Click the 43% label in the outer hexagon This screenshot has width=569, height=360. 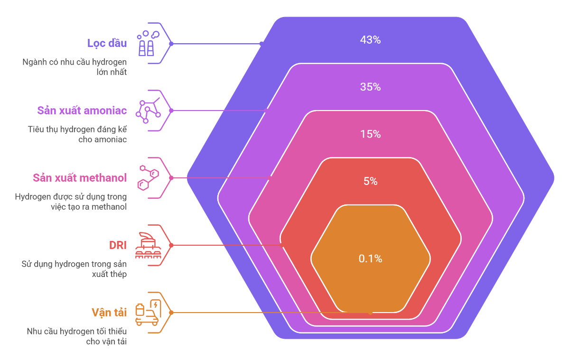pos(370,40)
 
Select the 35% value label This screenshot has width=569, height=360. pos(370,87)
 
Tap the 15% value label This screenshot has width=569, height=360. pos(370,134)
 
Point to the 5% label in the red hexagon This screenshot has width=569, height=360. pos(370,181)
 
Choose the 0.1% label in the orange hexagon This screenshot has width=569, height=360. pos(370,259)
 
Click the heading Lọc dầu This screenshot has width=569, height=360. pos(107,43)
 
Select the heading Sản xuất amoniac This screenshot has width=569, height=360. pos(82,111)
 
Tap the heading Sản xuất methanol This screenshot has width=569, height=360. pos(80,178)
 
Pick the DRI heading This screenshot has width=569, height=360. pos(118,245)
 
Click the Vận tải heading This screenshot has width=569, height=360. pos(109,313)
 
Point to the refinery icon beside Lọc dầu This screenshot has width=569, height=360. pos(148,43)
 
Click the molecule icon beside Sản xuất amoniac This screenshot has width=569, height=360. pos(148,111)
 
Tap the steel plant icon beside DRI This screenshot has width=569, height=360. pos(148,245)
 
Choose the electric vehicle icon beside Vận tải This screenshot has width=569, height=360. pos(148,313)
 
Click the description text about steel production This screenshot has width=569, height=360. pos(75,269)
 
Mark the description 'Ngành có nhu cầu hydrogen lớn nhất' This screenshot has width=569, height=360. pos(75,67)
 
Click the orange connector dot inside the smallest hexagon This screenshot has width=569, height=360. pos(370,313)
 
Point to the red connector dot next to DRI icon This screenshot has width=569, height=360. pos(171,245)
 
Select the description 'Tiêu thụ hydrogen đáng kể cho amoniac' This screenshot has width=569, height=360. pos(78,134)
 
